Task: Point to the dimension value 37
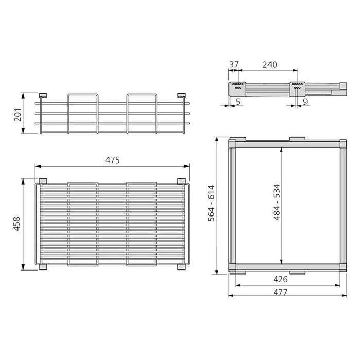235,65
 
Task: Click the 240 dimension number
269,65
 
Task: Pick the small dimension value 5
238,102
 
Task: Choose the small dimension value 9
304,102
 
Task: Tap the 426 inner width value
281,280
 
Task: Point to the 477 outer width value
281,292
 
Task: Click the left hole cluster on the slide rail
237,86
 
